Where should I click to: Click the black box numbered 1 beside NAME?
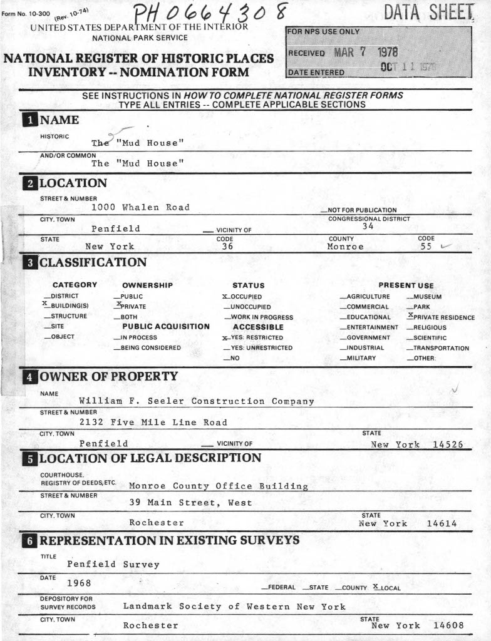tap(29, 120)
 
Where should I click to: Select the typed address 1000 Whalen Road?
tap(140, 207)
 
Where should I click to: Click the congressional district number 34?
tap(368, 227)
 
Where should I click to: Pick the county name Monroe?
tap(345, 247)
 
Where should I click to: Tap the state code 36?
tap(227, 247)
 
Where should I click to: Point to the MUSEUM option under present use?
tap(426, 297)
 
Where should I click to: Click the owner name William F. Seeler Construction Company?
tap(196, 401)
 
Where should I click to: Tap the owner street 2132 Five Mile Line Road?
tap(153, 423)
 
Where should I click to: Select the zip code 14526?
tap(448, 444)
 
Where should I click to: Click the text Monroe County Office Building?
tap(218, 486)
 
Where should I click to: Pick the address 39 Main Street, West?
tap(190, 503)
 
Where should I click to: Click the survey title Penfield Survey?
tap(113, 565)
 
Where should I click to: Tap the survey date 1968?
tap(79, 583)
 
